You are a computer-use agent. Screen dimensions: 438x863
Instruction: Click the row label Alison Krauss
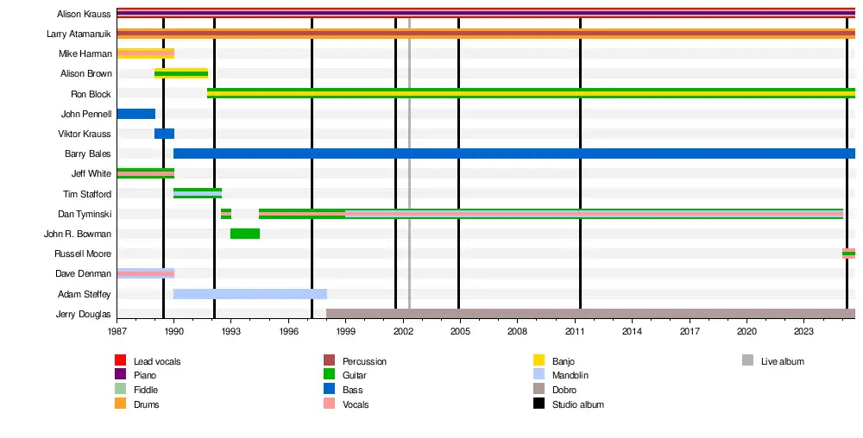point(84,14)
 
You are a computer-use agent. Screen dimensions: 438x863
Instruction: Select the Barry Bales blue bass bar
point(513,153)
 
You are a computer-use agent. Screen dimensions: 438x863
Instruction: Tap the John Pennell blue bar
point(135,114)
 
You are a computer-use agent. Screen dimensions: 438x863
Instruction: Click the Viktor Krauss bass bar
point(164,134)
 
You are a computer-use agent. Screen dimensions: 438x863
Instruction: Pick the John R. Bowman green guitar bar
point(245,234)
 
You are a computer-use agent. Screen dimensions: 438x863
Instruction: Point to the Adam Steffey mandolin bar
point(250,294)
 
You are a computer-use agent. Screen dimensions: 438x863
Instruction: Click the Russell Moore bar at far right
point(848,253)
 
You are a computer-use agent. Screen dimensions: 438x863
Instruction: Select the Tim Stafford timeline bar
point(198,193)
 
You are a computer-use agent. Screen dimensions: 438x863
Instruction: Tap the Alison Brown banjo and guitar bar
point(181,73)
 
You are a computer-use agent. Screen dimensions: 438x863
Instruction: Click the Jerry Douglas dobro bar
point(590,314)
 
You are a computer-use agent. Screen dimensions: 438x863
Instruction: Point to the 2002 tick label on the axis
point(403,331)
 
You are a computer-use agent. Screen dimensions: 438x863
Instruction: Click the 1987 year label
point(117,331)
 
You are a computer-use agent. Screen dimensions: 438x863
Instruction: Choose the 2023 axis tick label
point(803,331)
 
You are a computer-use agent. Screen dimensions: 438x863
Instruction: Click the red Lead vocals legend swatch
point(121,361)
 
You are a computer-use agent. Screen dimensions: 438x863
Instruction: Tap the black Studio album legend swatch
point(539,404)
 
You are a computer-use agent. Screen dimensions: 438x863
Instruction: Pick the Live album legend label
point(782,361)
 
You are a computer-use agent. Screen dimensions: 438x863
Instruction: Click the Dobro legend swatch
point(539,390)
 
